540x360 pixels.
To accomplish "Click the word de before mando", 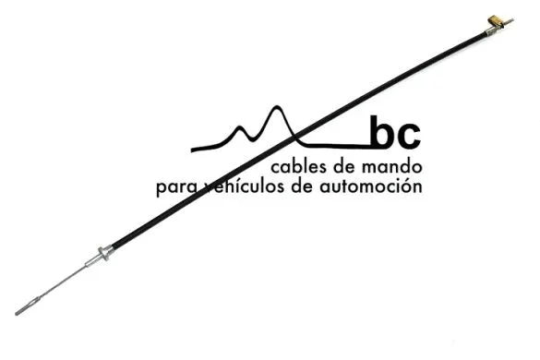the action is [347, 167].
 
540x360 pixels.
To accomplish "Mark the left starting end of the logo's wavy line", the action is [193, 148].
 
